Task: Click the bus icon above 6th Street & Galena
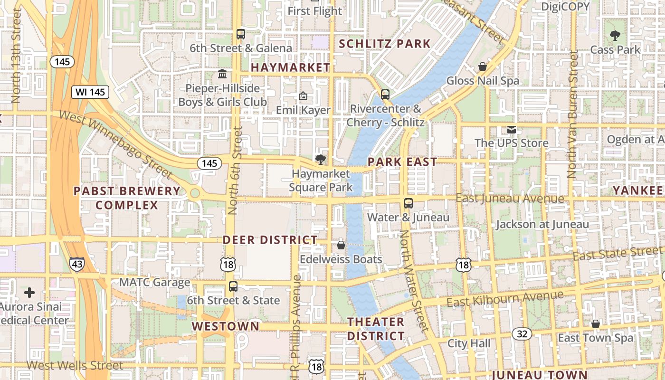click(x=241, y=34)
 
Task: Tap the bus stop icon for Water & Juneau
click(x=408, y=203)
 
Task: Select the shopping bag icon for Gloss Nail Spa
click(x=483, y=66)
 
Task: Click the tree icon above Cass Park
click(x=615, y=35)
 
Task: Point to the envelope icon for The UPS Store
click(x=511, y=129)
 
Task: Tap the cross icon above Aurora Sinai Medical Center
click(x=29, y=293)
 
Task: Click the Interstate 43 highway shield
click(x=76, y=264)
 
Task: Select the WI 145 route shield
click(x=90, y=92)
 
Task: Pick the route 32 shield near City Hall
click(x=522, y=334)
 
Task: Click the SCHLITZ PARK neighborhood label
click(x=385, y=44)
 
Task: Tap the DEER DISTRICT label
click(x=270, y=240)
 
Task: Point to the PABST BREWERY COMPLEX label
click(x=127, y=198)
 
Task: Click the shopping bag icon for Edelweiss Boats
click(x=341, y=245)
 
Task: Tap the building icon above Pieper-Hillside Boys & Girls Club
click(x=222, y=74)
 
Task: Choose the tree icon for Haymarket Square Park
click(x=321, y=160)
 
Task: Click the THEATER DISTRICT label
click(x=376, y=329)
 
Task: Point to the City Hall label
click(x=469, y=343)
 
